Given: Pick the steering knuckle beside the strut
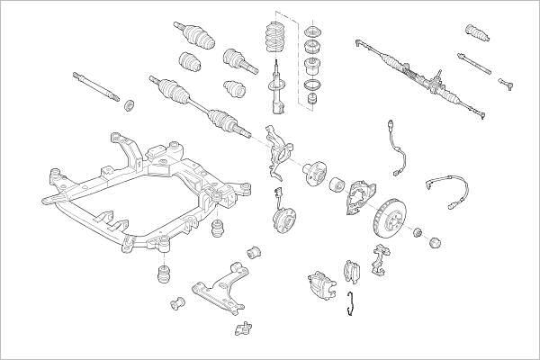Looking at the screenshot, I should (279, 148).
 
